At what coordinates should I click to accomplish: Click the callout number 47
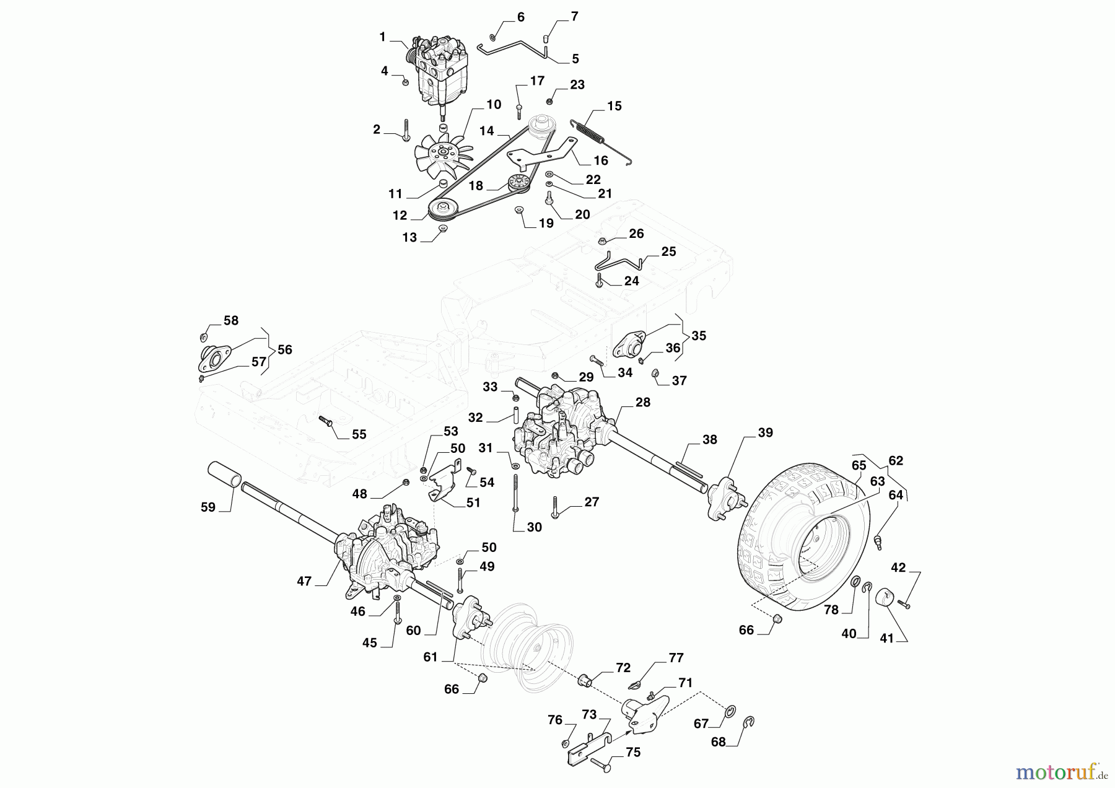[x=304, y=581]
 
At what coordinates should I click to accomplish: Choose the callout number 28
[x=643, y=403]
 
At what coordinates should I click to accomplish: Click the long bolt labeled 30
[x=515, y=492]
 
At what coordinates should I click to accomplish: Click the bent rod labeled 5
[x=514, y=48]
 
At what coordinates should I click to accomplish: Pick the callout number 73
[x=589, y=715]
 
